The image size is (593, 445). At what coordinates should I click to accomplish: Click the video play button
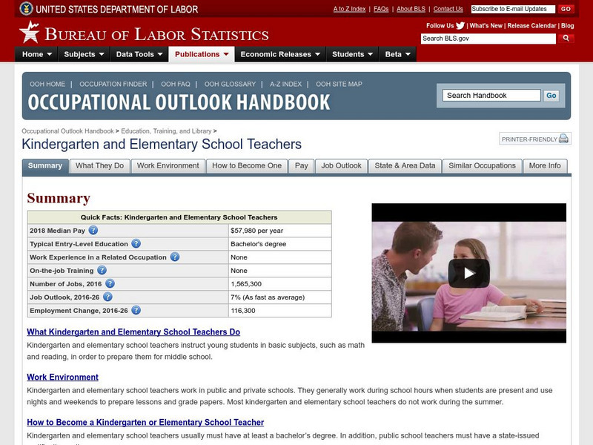click(x=468, y=273)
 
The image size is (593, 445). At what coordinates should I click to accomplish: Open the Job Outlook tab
click(x=341, y=166)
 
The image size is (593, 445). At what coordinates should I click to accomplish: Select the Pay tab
click(x=301, y=166)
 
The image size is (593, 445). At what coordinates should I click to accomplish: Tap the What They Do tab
click(x=99, y=166)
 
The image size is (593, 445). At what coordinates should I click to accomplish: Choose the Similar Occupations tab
click(x=482, y=166)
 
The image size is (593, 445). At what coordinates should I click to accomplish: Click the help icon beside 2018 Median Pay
click(x=93, y=231)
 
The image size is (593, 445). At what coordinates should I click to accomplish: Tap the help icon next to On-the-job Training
click(x=102, y=271)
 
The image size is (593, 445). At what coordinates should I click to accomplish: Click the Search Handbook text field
click(x=491, y=96)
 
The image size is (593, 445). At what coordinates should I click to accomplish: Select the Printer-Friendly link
click(x=534, y=139)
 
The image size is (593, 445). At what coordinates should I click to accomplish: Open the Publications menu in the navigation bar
click(x=202, y=54)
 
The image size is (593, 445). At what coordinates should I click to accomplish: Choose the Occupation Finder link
click(x=113, y=85)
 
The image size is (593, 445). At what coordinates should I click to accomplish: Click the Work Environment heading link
click(x=62, y=378)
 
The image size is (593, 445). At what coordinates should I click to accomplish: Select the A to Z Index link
click(x=349, y=9)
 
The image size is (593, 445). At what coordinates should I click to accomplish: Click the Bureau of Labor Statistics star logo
click(x=29, y=32)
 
